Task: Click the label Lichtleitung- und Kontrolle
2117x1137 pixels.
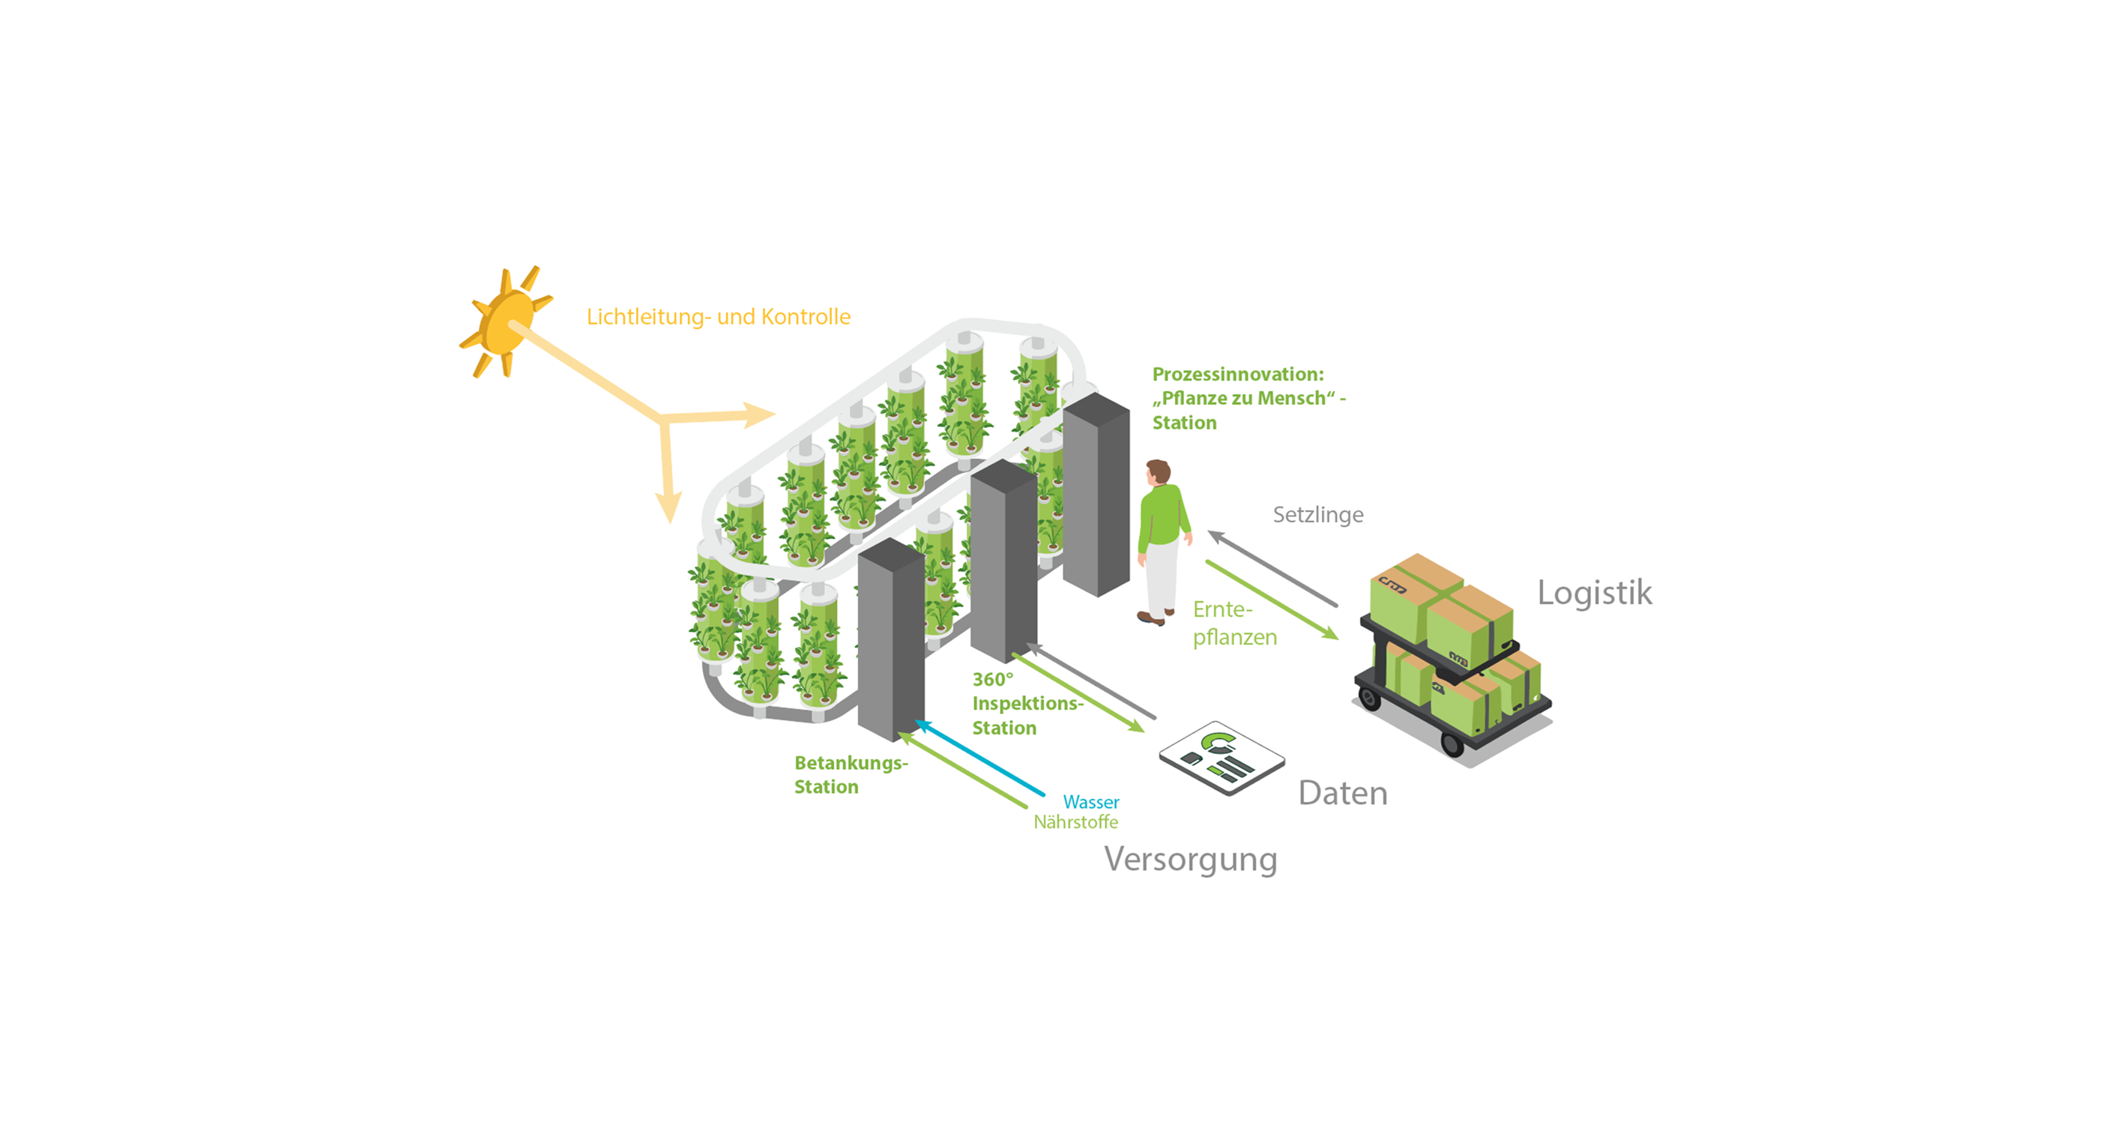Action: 718,316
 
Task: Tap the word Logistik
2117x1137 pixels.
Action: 1595,593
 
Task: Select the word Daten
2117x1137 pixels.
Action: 1343,793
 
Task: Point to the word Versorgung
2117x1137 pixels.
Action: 1190,860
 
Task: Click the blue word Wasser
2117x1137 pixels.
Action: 1090,801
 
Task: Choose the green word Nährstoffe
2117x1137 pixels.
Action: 1076,822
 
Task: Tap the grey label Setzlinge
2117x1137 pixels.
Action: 1318,515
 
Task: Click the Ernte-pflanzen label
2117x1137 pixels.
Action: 1234,623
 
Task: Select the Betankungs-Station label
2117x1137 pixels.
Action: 851,774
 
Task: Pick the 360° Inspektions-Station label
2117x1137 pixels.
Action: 1027,704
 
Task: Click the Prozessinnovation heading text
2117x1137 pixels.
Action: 1248,399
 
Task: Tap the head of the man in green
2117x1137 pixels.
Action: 1159,472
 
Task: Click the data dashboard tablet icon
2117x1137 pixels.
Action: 1222,758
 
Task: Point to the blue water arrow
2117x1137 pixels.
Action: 979,758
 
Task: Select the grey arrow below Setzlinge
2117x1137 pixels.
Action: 1272,569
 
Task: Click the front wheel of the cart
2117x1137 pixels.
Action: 1452,745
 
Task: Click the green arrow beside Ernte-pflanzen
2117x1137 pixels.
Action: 1272,600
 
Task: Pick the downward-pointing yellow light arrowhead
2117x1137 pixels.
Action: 669,507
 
